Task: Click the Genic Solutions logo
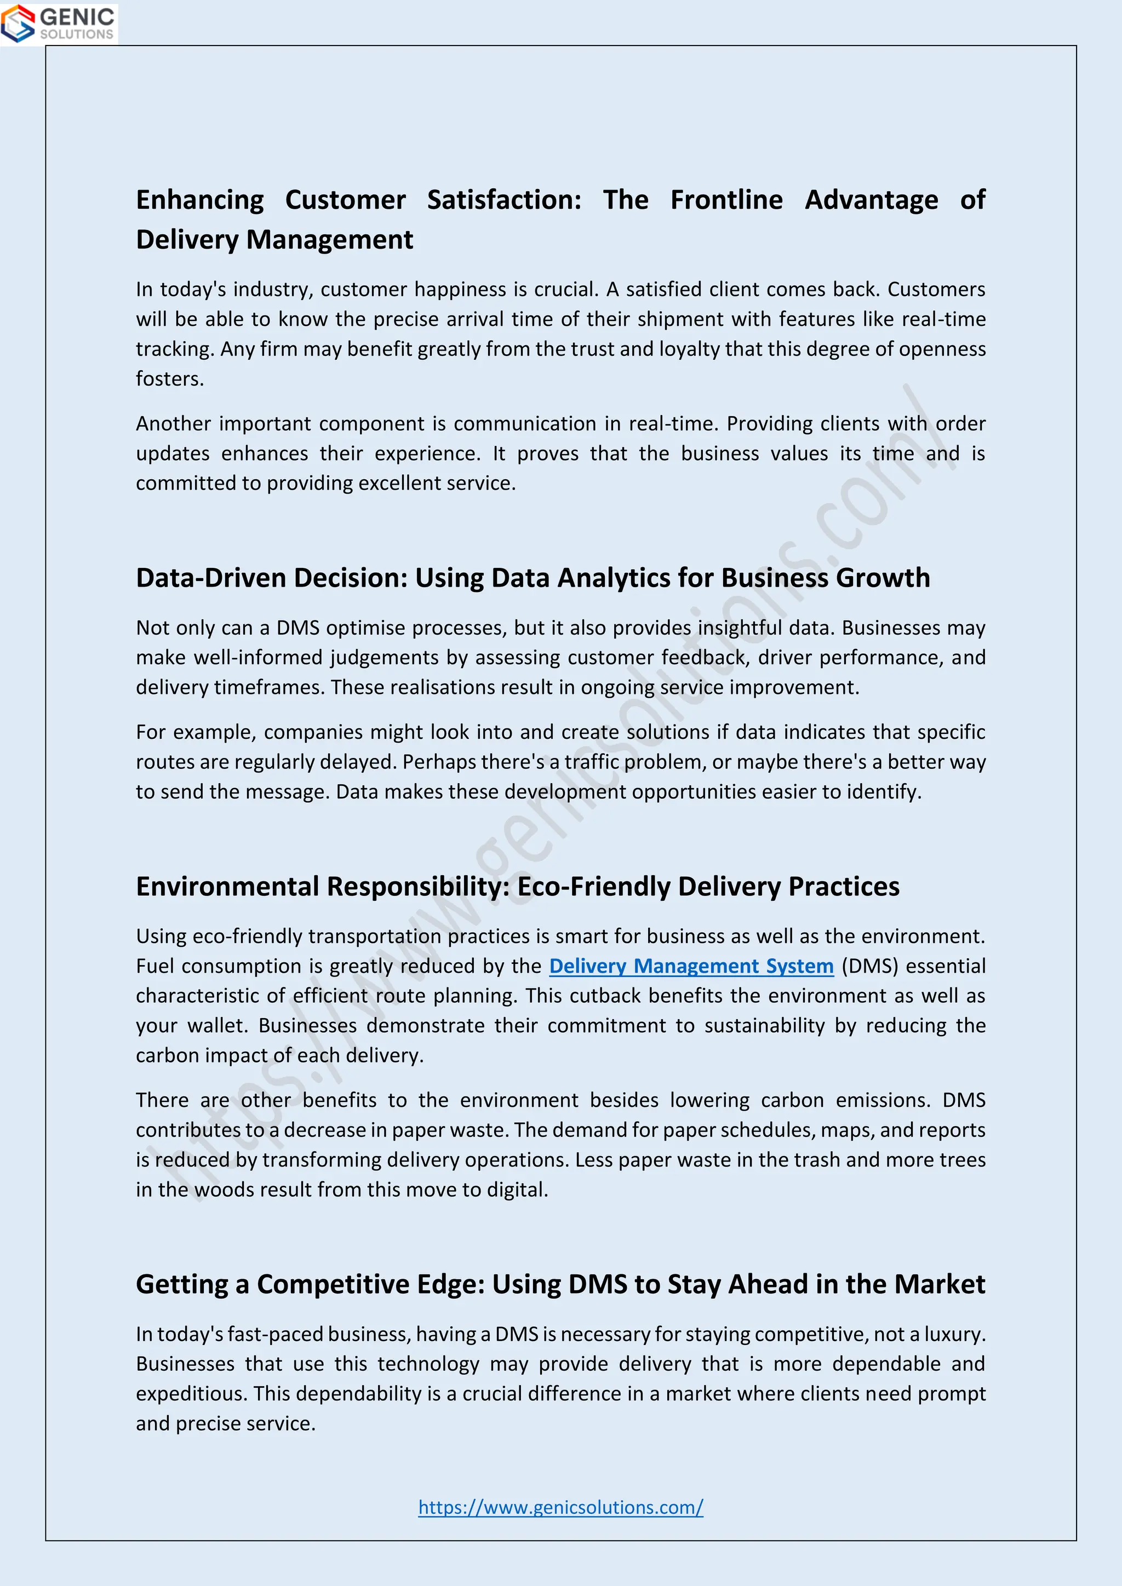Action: pos(59,24)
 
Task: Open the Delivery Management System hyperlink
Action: pos(691,966)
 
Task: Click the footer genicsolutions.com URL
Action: pos(560,1507)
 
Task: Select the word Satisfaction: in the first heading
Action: pos(503,200)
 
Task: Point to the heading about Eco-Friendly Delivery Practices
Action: pos(517,886)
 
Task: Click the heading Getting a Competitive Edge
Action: pos(559,1284)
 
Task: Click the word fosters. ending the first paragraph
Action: pos(170,378)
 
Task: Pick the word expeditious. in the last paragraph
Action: pos(191,1393)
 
